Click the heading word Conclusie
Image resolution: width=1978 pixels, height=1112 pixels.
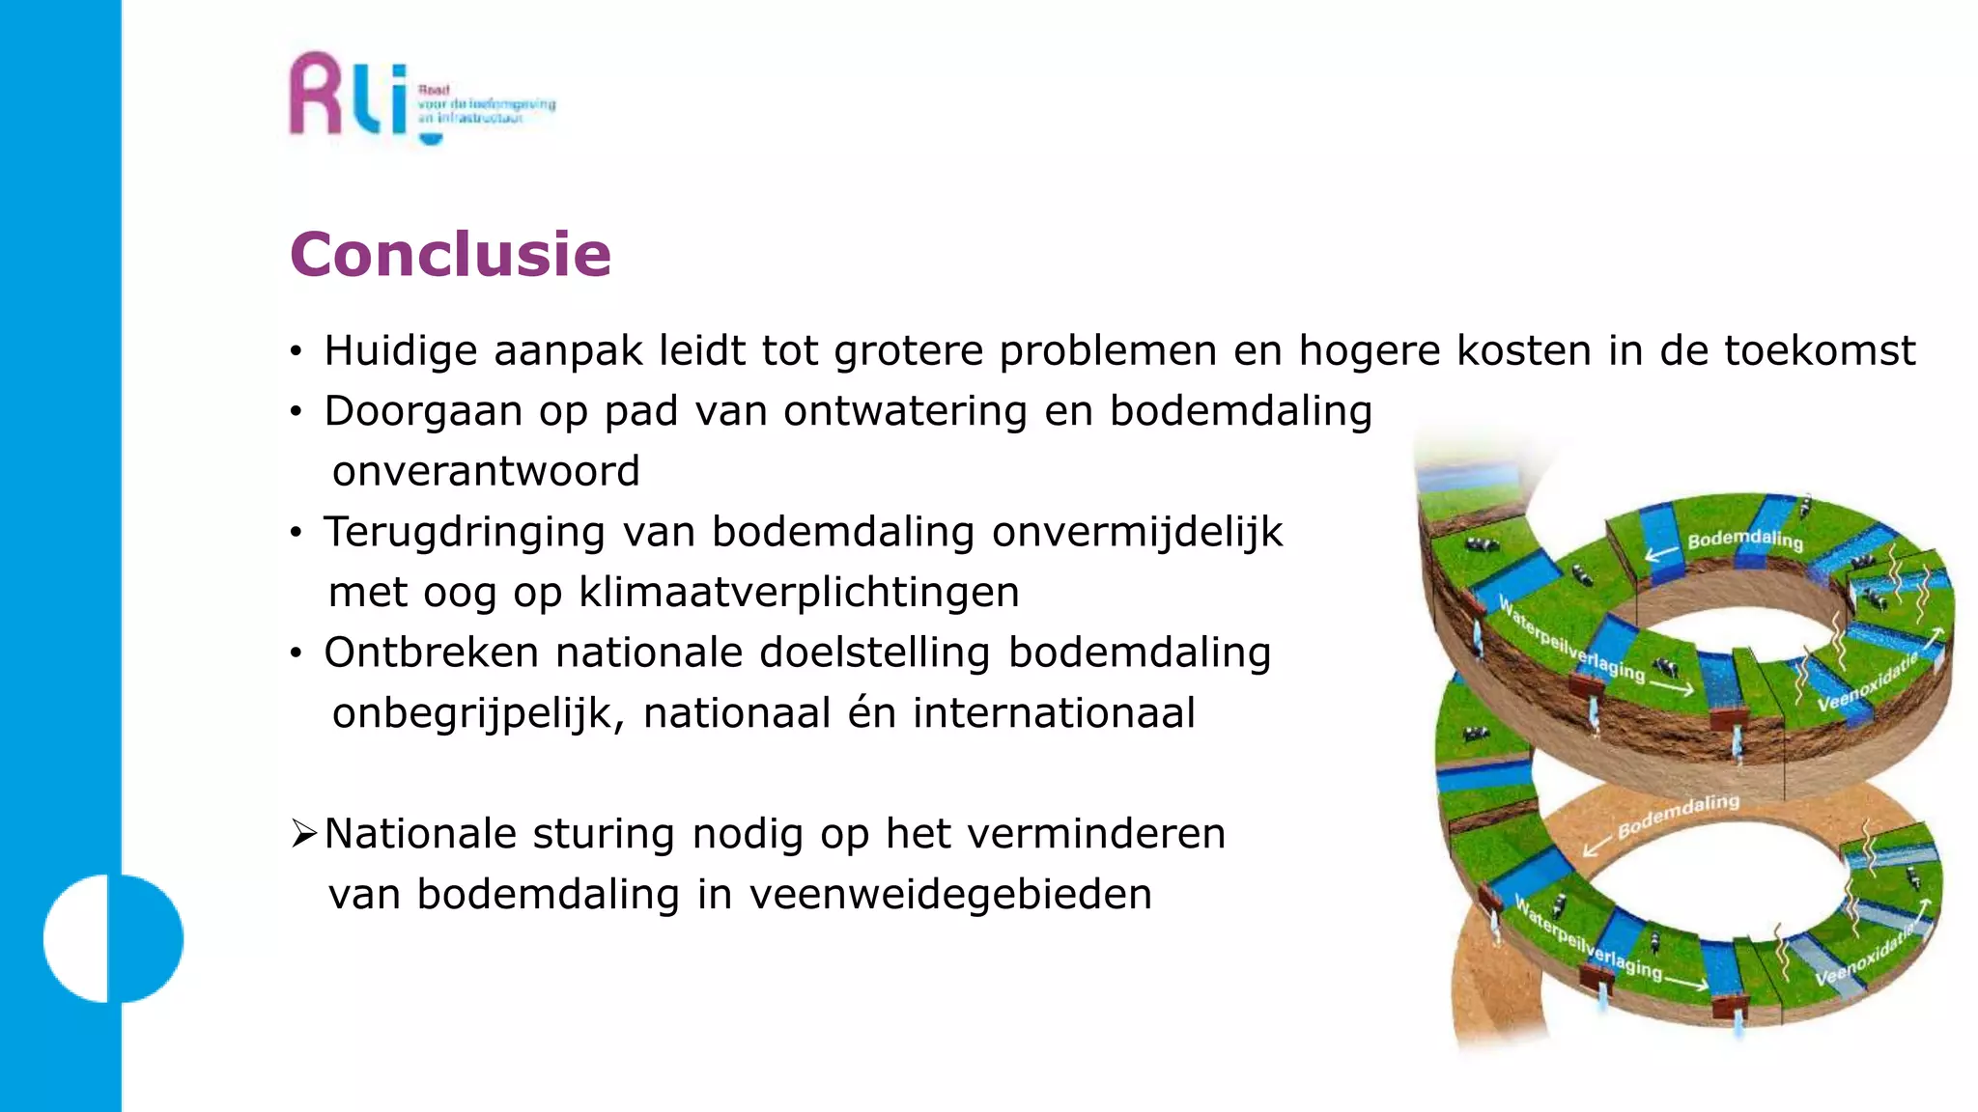tap(450, 255)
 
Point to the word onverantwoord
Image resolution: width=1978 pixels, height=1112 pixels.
tap(486, 472)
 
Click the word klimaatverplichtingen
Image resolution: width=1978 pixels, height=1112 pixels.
tap(799, 593)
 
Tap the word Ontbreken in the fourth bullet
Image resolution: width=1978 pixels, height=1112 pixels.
tap(431, 653)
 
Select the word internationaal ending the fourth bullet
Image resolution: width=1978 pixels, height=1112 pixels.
tap(1054, 714)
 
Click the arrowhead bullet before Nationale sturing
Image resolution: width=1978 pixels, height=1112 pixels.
tap(303, 833)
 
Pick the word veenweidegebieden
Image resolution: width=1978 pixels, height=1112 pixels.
tap(950, 895)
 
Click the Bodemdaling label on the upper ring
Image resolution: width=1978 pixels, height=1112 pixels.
tap(1744, 540)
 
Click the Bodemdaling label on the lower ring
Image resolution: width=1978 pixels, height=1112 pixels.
tap(1678, 816)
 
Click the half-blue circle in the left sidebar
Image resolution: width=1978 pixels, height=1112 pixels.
tap(113, 938)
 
